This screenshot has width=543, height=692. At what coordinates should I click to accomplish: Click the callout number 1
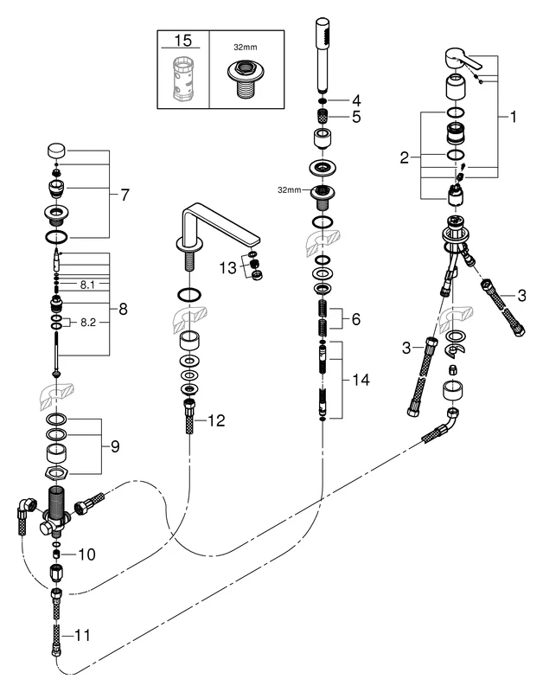[x=513, y=118]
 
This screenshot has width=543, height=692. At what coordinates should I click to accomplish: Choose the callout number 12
[x=218, y=421]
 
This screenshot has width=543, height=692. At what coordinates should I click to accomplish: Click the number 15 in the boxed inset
[x=183, y=41]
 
